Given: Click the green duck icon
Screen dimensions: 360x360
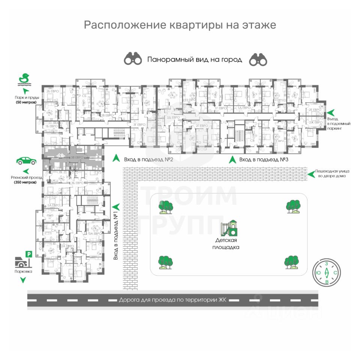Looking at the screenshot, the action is tap(24, 79).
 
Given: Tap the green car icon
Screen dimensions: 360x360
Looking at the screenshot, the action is tap(26, 161).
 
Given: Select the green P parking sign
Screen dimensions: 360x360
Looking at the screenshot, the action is tap(28, 255).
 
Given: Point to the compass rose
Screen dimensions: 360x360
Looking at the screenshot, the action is tap(327, 273).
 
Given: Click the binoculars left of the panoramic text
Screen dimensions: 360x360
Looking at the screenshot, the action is tap(133, 59).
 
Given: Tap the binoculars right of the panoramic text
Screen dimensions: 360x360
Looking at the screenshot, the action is tap(258, 59).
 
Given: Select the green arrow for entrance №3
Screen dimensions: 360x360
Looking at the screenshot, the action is tap(232, 159).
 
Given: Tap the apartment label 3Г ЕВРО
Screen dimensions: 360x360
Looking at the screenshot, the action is tap(139, 124).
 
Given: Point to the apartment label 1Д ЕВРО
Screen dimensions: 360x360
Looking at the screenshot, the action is tap(244, 108).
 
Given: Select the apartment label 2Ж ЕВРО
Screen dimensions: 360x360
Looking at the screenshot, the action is tap(315, 123).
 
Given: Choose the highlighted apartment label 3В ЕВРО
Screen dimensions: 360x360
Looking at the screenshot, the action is tap(77, 157).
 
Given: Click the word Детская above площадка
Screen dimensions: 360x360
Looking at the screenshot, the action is tap(226, 240).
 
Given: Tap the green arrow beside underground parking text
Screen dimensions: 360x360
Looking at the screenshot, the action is tap(331, 112).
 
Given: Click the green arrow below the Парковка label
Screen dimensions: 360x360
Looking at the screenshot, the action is tap(23, 280).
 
